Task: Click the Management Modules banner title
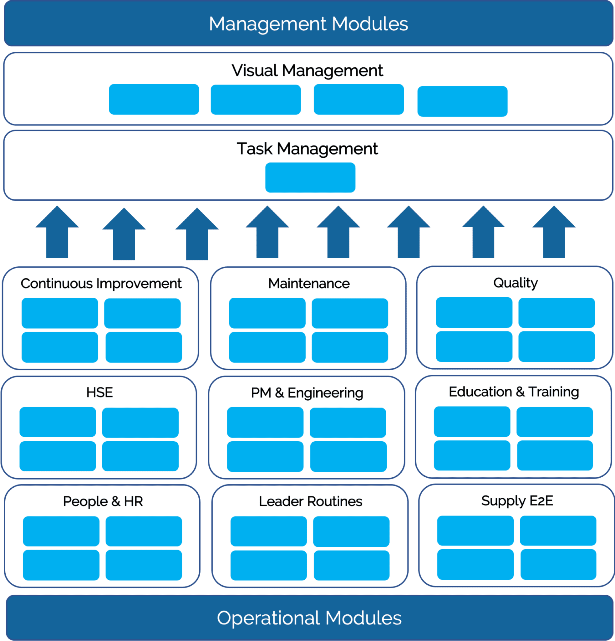click(308, 24)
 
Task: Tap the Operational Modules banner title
click(309, 618)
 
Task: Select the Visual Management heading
click(307, 71)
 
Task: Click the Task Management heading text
click(307, 149)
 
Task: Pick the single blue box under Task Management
click(310, 177)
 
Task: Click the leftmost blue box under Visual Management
click(154, 100)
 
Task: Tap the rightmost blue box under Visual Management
click(462, 101)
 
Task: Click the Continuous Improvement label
click(101, 284)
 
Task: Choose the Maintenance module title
click(309, 284)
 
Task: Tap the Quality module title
click(515, 283)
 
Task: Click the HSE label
click(100, 392)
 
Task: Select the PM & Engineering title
click(307, 393)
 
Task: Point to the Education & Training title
click(514, 392)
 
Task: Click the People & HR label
click(103, 501)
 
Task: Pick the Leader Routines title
click(310, 501)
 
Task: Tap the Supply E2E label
click(517, 501)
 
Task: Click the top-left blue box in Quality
click(474, 312)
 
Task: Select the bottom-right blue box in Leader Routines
click(351, 566)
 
